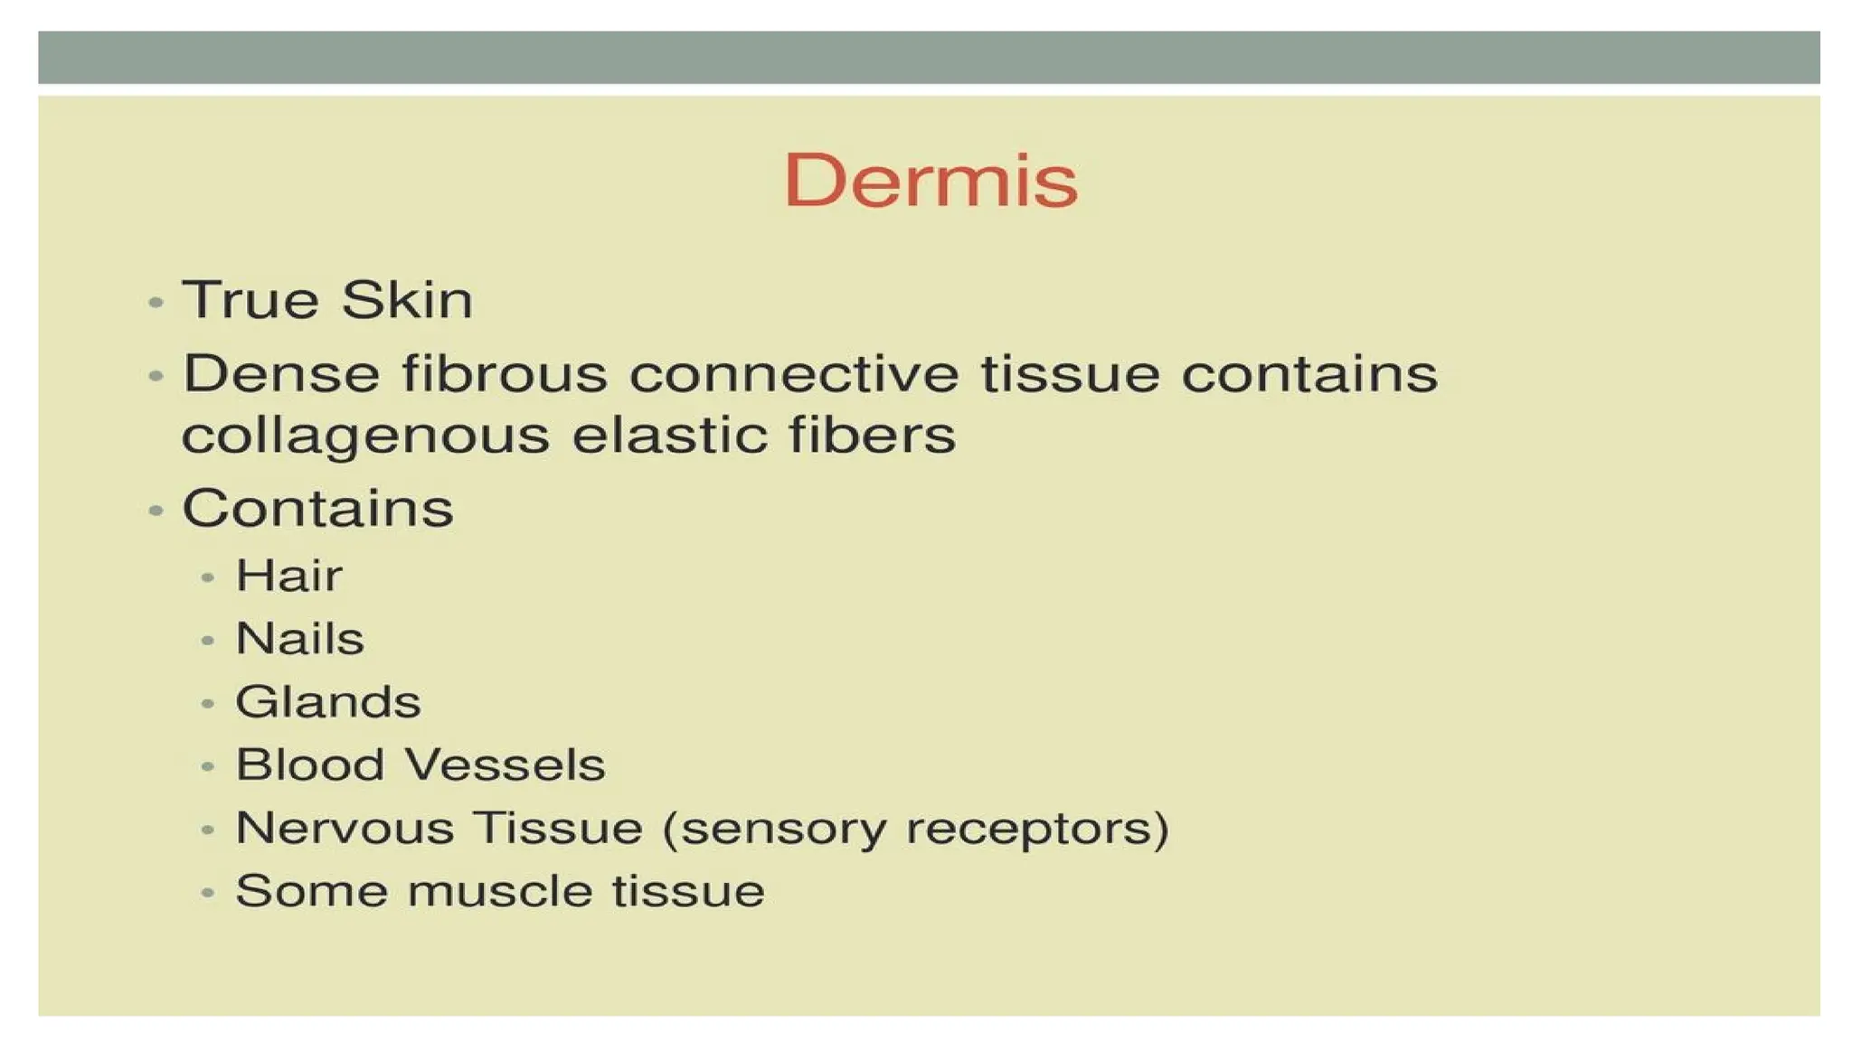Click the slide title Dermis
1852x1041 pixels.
coord(931,180)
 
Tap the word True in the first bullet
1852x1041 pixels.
coord(250,300)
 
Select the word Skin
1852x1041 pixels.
coord(407,300)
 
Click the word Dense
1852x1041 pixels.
coord(281,374)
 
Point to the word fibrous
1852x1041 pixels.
coord(505,374)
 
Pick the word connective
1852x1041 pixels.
coord(794,374)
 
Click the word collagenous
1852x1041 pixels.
coord(365,436)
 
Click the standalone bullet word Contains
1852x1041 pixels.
coord(317,508)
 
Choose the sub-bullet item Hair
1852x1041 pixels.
coord(289,576)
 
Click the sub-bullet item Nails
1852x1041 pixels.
coord(300,639)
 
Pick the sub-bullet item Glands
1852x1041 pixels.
coord(328,702)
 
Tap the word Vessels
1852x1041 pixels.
coord(505,765)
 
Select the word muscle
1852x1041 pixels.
coord(500,892)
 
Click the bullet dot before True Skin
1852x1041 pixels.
coord(156,302)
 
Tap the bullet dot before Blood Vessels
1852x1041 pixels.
coord(208,767)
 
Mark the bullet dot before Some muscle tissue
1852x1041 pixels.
coord(208,894)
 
